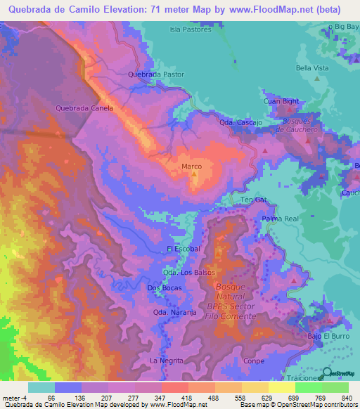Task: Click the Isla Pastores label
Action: coord(191,30)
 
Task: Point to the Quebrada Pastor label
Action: coord(156,74)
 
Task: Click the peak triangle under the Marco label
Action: coord(193,176)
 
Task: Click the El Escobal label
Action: coord(184,249)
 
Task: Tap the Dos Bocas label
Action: coord(165,288)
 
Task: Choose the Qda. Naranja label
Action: coord(174,313)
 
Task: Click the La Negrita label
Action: coord(167,360)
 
